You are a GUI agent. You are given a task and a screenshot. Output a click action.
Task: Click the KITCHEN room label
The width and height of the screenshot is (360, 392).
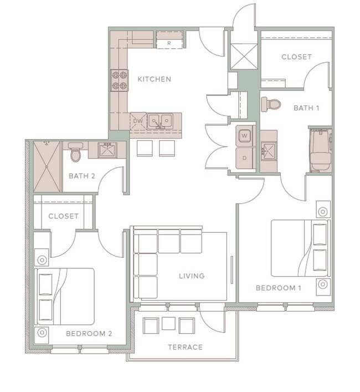click(x=154, y=79)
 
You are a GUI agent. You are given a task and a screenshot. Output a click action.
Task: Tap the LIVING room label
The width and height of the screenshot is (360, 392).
click(x=192, y=276)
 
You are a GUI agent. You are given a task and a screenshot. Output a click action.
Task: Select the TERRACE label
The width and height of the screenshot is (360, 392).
click(x=185, y=348)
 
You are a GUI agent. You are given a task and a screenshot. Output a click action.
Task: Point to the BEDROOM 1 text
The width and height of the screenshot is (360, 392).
click(x=278, y=288)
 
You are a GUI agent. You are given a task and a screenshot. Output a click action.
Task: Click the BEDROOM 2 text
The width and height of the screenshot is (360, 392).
click(x=89, y=334)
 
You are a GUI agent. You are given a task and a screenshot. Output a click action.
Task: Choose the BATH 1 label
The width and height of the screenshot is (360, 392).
click(x=306, y=108)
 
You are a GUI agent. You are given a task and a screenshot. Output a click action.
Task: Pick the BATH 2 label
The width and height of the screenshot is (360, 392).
click(x=82, y=176)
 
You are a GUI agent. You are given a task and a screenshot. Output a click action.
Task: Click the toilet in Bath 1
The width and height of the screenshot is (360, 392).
click(x=271, y=104)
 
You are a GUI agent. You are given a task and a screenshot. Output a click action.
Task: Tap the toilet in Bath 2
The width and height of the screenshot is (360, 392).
click(x=76, y=153)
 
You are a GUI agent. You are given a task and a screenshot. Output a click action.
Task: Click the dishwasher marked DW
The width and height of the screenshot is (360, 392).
click(x=138, y=120)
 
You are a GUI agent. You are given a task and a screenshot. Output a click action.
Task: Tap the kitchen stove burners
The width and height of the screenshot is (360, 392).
click(x=119, y=79)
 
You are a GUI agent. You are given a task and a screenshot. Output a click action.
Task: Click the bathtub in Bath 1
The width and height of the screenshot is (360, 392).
click(x=320, y=150)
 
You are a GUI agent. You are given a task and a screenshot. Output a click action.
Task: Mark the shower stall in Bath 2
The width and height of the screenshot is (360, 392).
click(x=47, y=166)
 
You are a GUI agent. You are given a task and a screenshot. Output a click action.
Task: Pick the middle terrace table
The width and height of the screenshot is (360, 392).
click(x=169, y=324)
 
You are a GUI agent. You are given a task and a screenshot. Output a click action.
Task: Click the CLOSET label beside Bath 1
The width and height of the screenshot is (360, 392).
click(x=296, y=57)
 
